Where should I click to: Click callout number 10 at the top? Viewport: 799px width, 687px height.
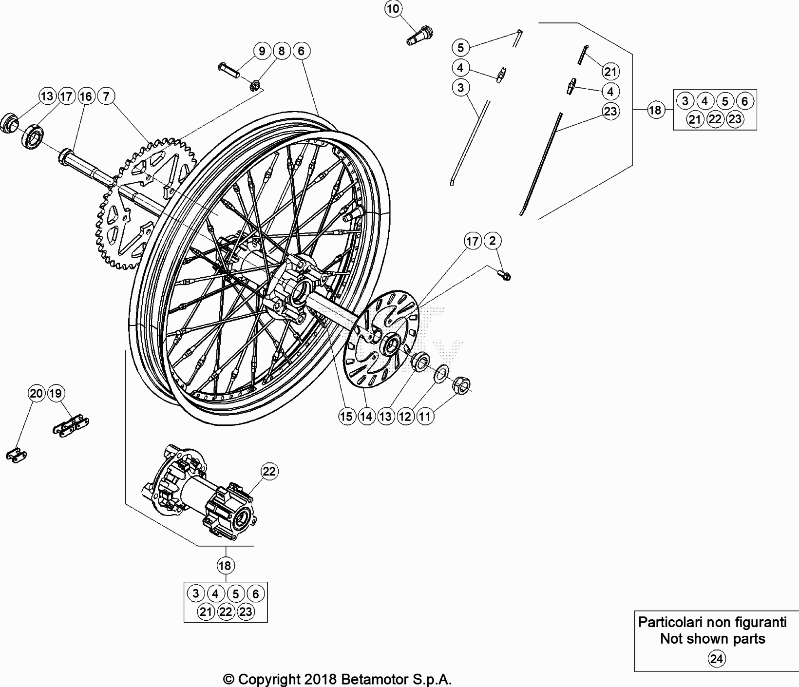[x=394, y=8]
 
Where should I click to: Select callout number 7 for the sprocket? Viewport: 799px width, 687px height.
[x=106, y=96]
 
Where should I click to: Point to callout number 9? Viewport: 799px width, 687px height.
[x=262, y=51]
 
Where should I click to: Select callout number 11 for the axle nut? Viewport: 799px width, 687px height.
[x=425, y=416]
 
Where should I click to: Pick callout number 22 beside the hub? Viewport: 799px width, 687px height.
[x=269, y=471]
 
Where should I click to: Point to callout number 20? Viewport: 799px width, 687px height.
[x=37, y=393]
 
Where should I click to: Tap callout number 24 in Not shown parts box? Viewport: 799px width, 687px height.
[x=716, y=659]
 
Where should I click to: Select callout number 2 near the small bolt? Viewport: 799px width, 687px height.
[x=493, y=241]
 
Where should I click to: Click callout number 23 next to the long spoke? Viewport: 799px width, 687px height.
[x=610, y=111]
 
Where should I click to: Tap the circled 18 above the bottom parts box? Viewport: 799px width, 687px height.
[x=225, y=566]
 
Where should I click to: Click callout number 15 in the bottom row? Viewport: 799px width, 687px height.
[x=346, y=416]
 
